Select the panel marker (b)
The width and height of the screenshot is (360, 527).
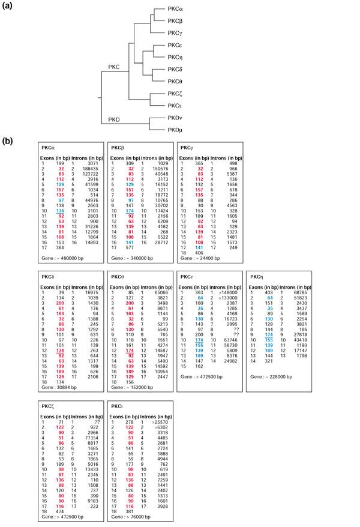pos(8,142)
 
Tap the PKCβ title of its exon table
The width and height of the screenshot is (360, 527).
pos(118,147)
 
